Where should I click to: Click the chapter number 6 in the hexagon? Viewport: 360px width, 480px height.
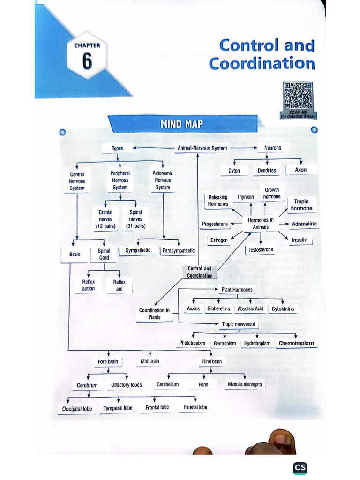[x=87, y=61]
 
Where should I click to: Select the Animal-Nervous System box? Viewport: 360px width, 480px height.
[x=202, y=148]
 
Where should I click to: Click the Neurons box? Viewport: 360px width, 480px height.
[x=272, y=148]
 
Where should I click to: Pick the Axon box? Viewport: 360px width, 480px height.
[x=300, y=170]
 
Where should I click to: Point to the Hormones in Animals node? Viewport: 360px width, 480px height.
[x=261, y=224]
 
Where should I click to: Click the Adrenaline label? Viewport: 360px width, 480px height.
[x=304, y=224]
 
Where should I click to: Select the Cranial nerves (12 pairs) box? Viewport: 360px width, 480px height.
[x=105, y=219]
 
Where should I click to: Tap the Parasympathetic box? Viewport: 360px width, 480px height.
[x=178, y=251]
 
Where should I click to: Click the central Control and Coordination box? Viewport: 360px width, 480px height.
[x=200, y=272]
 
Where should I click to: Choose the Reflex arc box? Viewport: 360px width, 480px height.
[x=119, y=285]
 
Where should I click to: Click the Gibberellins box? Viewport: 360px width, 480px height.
[x=218, y=308]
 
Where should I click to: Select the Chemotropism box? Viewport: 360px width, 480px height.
[x=296, y=343]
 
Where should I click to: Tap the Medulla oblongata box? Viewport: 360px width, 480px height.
[x=245, y=384]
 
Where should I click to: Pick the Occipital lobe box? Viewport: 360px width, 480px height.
[x=77, y=409]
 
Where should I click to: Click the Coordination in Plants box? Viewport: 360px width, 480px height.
[x=154, y=314]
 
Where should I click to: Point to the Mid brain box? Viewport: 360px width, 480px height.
[x=150, y=361]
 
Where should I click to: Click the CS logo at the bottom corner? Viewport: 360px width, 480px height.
[x=300, y=468]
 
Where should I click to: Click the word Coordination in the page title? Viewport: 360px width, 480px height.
[x=262, y=64]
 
